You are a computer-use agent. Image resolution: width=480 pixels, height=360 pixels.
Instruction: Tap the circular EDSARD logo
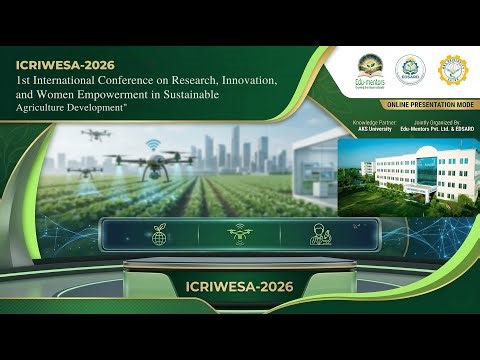pos(406,69)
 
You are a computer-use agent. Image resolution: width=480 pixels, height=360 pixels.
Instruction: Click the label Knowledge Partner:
pos(370,122)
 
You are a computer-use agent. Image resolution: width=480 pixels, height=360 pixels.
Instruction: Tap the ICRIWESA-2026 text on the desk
pos(239,287)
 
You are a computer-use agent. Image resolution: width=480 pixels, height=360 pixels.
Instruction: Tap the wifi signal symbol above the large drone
pos(151,144)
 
